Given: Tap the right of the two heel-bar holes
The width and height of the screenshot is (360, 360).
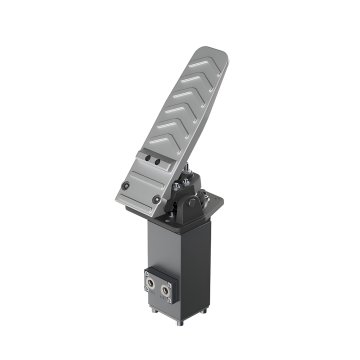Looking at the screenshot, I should click(157, 162).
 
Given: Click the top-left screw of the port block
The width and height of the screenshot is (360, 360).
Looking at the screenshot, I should click(149, 271).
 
